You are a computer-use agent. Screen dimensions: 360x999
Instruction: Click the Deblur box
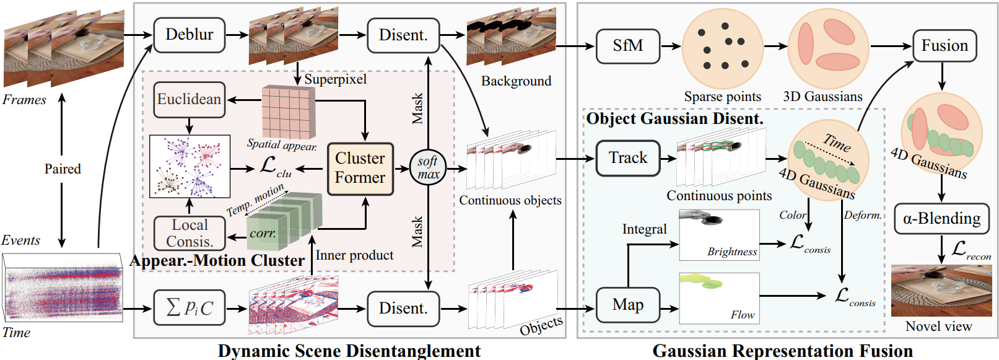tap(189, 35)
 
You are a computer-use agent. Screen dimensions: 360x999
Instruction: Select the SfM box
tap(627, 46)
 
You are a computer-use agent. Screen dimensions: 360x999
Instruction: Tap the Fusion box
tap(944, 46)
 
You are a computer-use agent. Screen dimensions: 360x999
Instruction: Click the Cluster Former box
tap(360, 169)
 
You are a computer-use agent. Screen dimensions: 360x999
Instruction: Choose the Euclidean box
tap(189, 99)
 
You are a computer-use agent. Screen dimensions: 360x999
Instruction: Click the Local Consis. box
tap(190, 233)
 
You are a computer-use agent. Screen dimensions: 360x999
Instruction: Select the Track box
tap(627, 158)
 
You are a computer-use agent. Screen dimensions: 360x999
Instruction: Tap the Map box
tap(627, 305)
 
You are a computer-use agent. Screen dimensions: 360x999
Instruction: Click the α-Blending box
tap(941, 219)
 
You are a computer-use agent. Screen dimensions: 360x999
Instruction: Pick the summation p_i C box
tap(189, 307)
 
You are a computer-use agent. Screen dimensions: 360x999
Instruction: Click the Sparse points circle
tap(722, 48)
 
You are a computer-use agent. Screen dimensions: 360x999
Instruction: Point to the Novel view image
tap(941, 291)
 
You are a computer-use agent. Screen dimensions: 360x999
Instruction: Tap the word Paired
tap(62, 169)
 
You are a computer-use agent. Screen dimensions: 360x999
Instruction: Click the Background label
tap(516, 81)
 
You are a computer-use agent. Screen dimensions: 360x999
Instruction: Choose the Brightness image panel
tap(719, 235)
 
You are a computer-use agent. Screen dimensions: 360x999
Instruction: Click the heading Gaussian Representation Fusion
tap(782, 351)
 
